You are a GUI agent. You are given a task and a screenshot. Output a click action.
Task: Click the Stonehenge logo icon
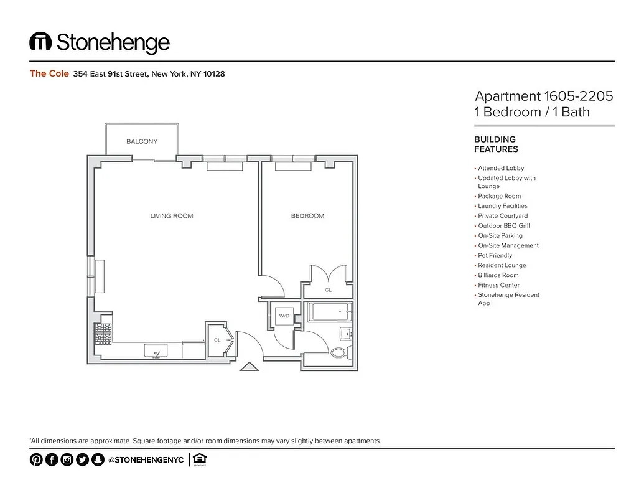[x=40, y=42]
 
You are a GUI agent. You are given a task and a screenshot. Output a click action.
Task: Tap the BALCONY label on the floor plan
[x=142, y=142]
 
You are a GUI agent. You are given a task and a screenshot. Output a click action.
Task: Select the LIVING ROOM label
[x=172, y=216]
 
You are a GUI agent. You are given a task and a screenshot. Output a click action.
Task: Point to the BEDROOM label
[x=307, y=216]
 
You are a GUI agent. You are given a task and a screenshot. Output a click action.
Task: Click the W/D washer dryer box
[x=284, y=316]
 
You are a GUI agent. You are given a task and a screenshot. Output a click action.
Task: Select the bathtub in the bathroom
[x=329, y=311]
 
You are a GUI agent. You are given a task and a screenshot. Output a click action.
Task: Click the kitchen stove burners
[x=103, y=334]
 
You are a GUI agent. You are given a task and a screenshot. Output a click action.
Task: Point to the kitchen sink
[x=156, y=351]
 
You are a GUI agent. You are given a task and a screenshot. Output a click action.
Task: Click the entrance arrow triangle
[x=249, y=367]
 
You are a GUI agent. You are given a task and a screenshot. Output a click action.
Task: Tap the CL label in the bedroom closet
[x=328, y=290]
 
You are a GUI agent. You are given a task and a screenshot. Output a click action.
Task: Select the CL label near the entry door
[x=217, y=340]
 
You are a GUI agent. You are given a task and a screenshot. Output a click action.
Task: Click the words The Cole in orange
[x=49, y=73]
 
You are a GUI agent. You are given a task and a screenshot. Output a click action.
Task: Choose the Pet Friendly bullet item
[x=495, y=255]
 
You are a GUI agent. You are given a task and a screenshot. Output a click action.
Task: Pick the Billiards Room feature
[x=498, y=275]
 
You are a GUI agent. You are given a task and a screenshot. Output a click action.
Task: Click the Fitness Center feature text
[x=498, y=285]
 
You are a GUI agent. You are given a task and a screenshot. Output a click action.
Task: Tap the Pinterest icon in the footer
[x=36, y=460]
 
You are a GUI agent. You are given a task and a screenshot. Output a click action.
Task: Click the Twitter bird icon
[x=82, y=460]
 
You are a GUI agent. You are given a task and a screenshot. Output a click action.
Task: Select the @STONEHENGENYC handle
[x=146, y=460]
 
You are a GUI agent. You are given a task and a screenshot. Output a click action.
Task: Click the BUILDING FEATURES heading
[x=496, y=144]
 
